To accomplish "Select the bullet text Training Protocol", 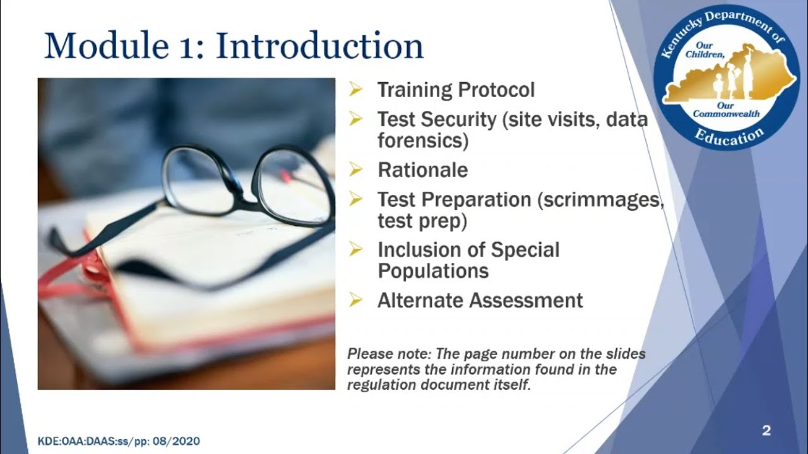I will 456,90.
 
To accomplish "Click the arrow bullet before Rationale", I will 356,170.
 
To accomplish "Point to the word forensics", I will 422,140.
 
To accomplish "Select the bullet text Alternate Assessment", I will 480,300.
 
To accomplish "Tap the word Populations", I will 433,271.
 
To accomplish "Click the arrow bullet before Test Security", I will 356,119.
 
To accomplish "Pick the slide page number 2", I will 766,431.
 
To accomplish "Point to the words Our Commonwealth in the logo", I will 726,110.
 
